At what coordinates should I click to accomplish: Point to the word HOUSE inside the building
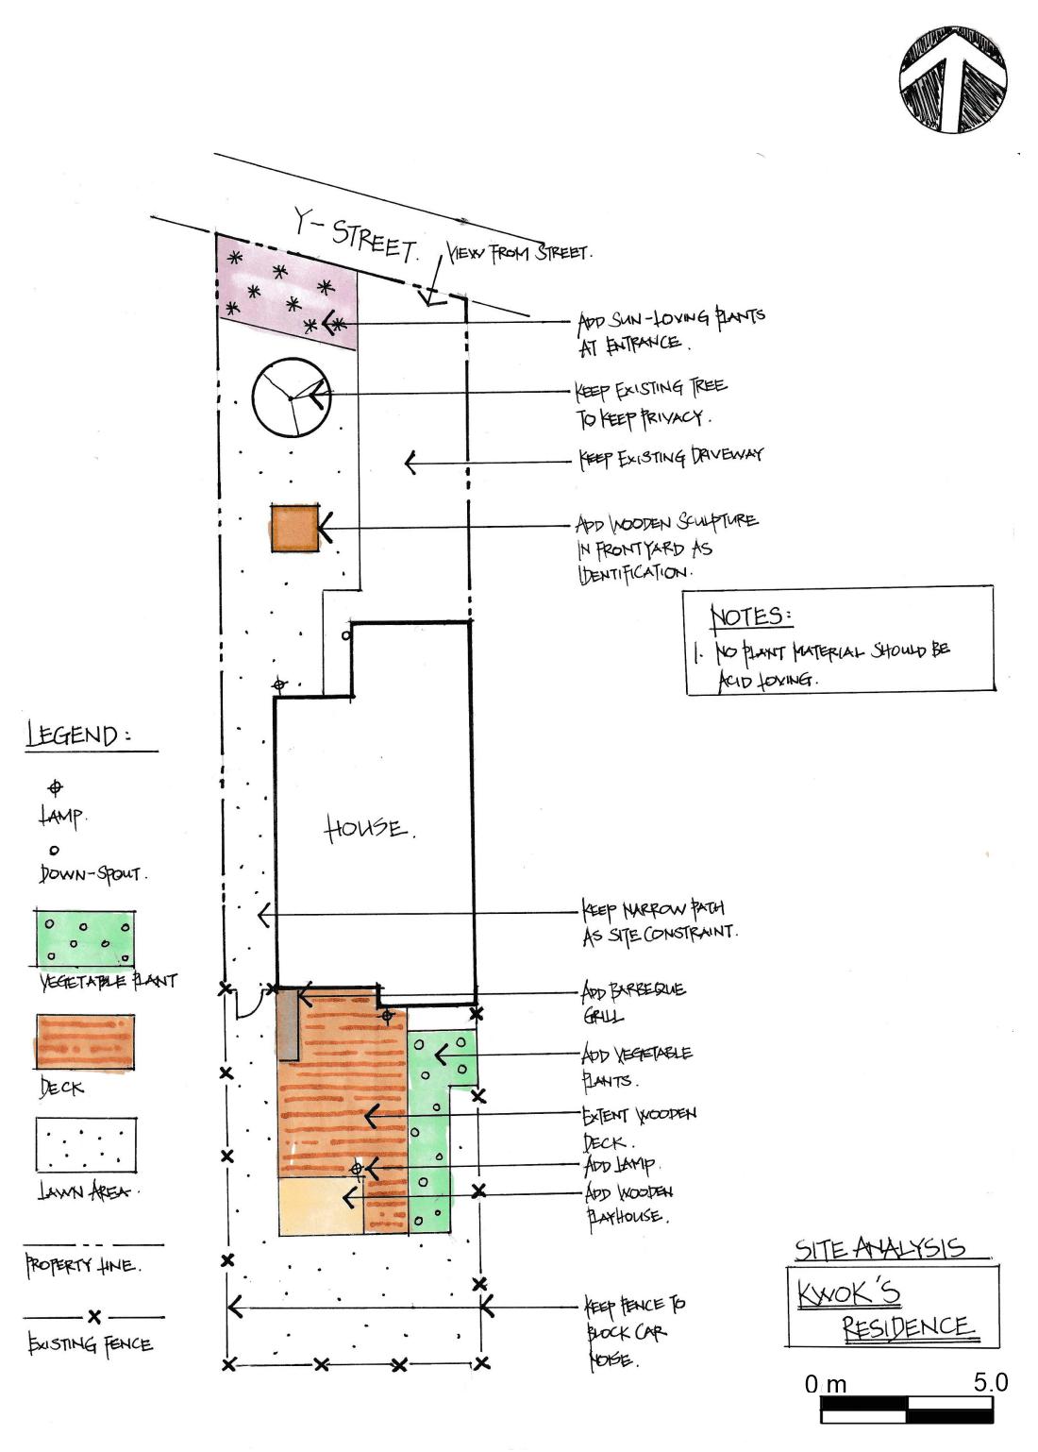[368, 829]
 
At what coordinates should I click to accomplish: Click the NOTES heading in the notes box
[750, 616]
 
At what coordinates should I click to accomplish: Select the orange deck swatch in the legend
[84, 1041]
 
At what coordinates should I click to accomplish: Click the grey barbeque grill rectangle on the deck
[289, 1024]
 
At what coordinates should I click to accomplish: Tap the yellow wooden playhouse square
[321, 1206]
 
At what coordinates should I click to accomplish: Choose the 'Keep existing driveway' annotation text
[671, 457]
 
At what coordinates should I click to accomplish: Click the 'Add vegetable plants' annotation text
[638, 1065]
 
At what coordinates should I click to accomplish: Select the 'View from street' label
[519, 254]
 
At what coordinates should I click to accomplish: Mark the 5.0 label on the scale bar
[990, 1383]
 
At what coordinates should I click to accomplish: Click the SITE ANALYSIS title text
[880, 1248]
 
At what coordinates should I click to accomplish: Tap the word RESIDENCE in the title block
[906, 1326]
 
